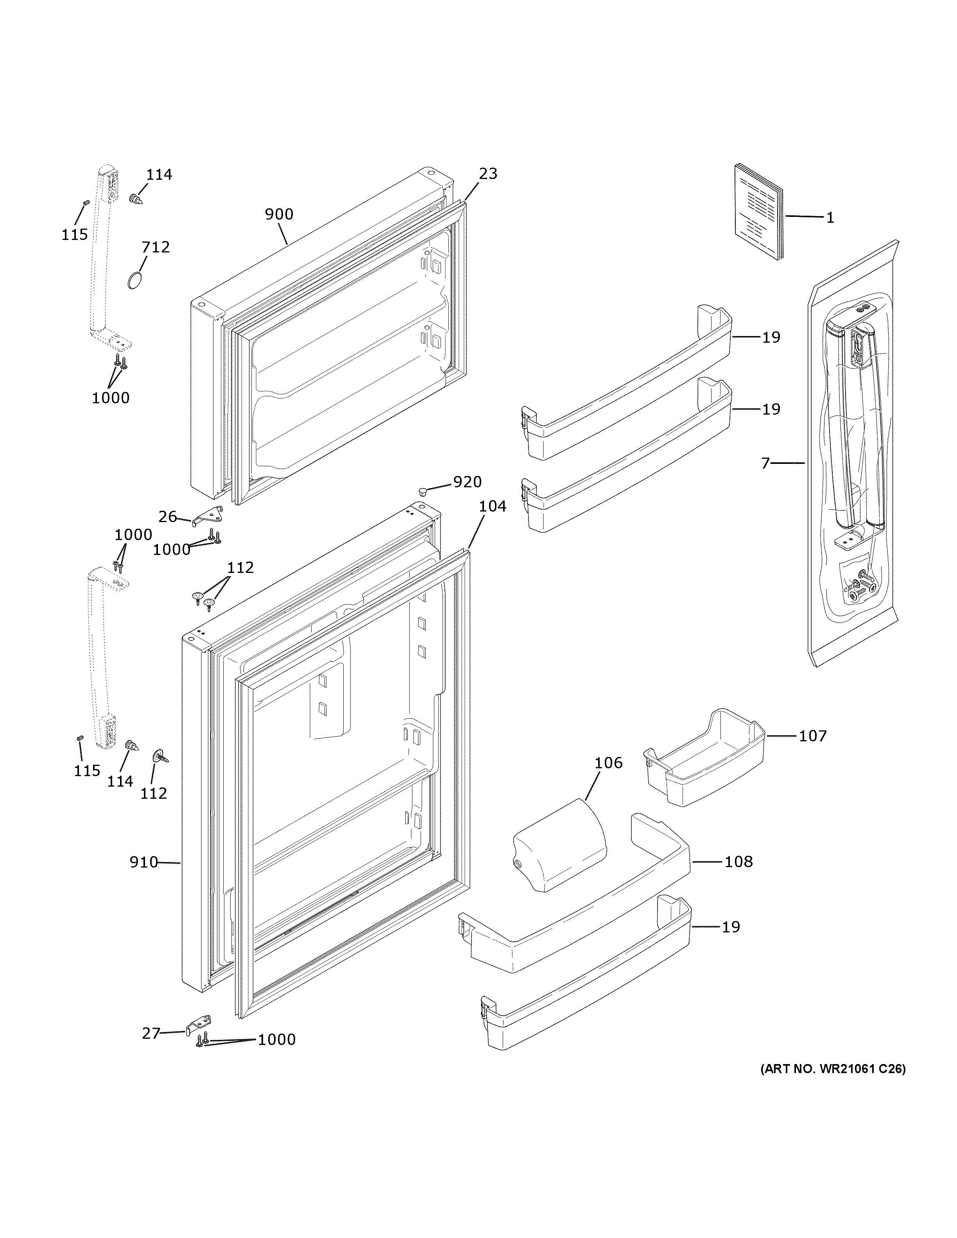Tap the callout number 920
point(467,482)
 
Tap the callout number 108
point(739,862)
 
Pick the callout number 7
point(765,463)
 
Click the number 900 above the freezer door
point(279,214)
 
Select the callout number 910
point(143,862)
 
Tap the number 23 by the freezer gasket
point(487,174)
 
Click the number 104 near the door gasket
point(492,506)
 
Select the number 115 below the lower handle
point(87,771)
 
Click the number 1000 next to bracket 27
point(277,1039)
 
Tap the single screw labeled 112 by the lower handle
point(158,757)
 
